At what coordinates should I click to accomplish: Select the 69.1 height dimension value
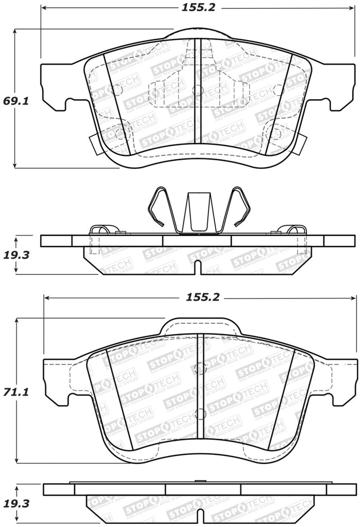(x=16, y=101)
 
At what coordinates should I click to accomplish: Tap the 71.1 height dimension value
(x=16, y=392)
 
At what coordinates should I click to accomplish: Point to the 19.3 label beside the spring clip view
(x=16, y=255)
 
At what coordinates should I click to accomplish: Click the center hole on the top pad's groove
(x=196, y=91)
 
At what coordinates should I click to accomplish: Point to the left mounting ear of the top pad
(x=54, y=87)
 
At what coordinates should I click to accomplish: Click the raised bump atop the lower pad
(x=199, y=326)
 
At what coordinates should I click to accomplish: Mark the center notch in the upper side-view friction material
(x=198, y=268)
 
